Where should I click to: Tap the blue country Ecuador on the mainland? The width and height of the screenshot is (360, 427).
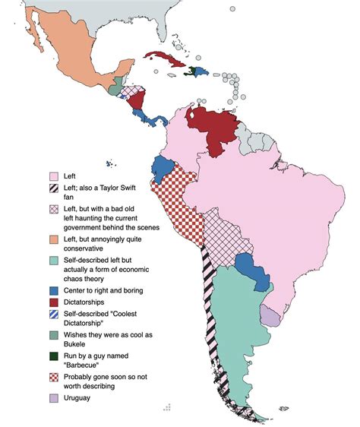163,168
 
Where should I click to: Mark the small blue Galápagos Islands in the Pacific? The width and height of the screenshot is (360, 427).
111,164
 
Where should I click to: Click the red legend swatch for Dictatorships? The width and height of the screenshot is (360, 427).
54,302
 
